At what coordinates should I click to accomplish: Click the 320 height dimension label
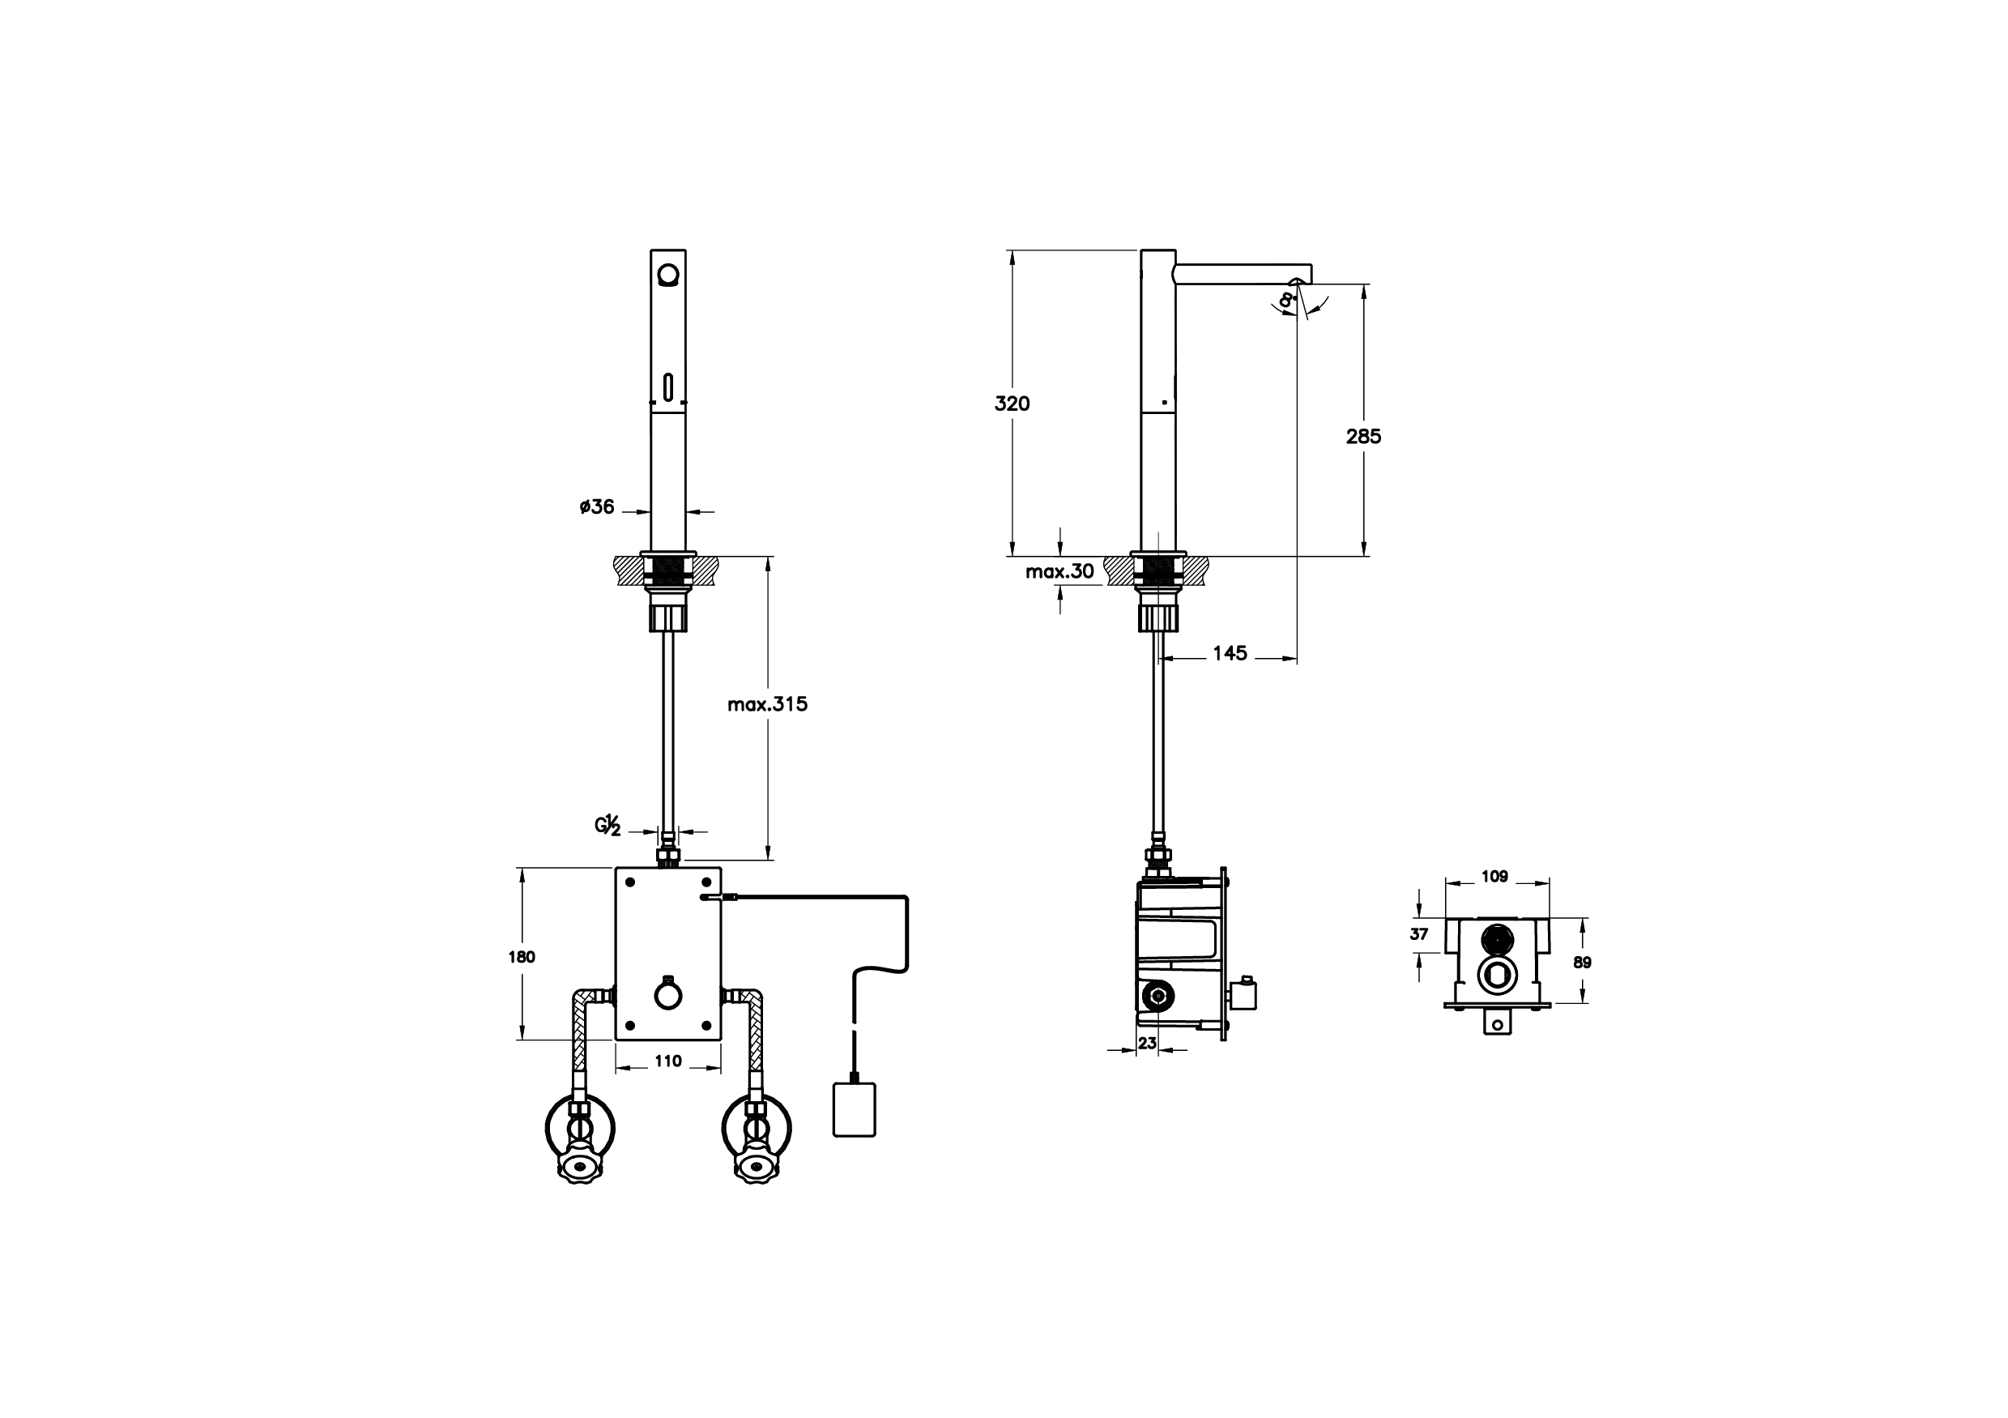pos(1012,404)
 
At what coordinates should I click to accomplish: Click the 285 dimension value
pos(1362,436)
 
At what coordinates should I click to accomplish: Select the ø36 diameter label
pos(597,506)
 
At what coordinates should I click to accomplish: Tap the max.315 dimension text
pos(767,704)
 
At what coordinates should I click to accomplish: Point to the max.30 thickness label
pos(1059,572)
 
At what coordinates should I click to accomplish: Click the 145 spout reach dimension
pos(1230,653)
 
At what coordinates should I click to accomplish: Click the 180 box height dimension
pos(522,956)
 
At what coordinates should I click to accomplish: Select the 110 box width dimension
pos(668,1061)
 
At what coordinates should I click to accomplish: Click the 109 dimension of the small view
pos(1494,876)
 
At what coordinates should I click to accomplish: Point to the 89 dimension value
pos(1582,963)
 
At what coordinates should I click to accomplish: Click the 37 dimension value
pos(1418,934)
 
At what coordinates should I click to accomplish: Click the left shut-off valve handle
pos(578,1166)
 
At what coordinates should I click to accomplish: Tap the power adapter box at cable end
pos(855,1110)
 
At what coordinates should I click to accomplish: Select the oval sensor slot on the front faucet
pos(668,386)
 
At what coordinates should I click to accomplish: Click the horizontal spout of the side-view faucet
pos(1242,274)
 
